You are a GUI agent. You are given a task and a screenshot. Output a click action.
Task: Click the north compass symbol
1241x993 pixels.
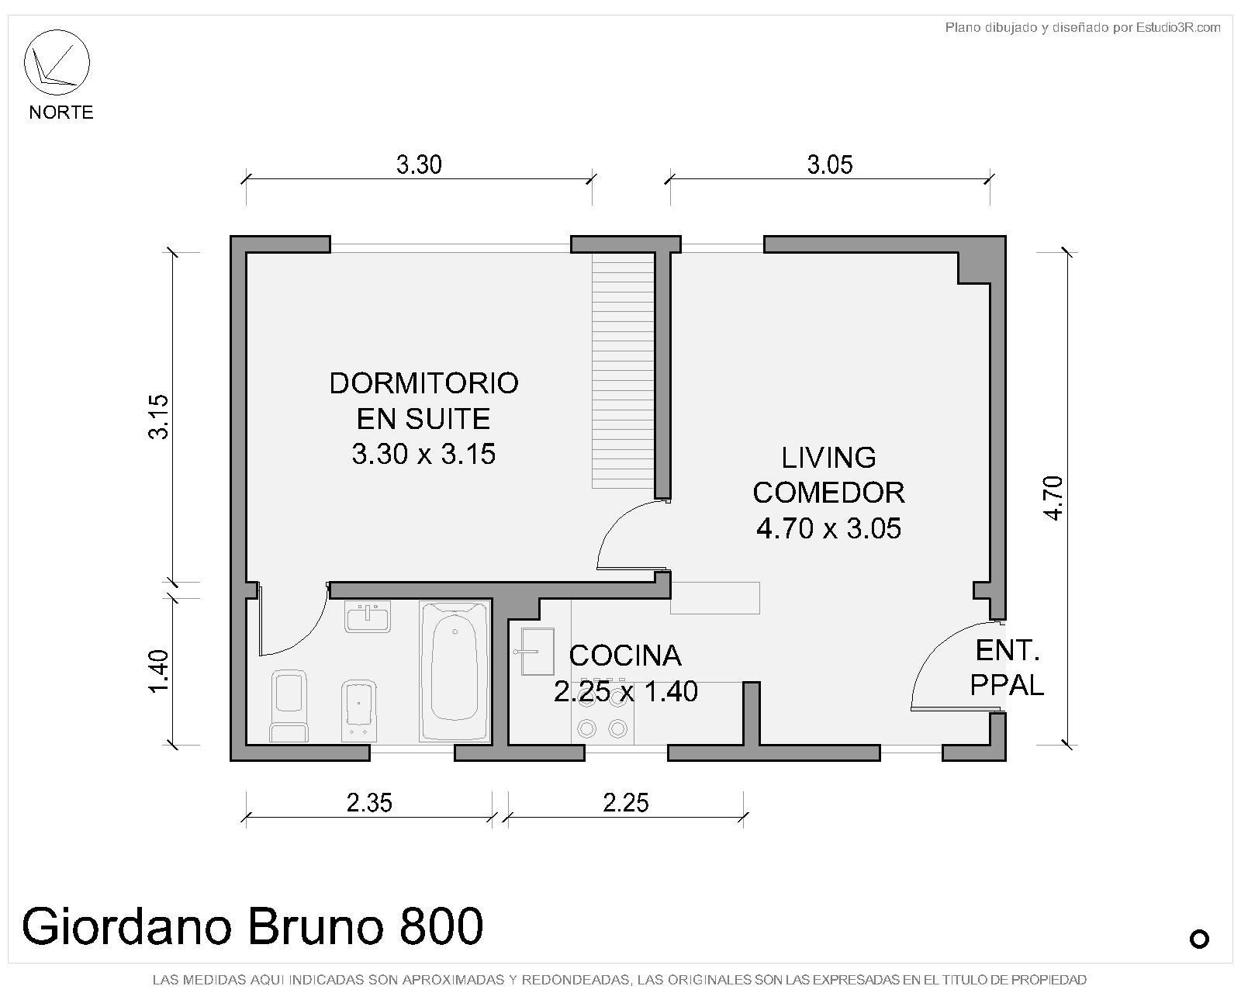pyautogui.click(x=57, y=62)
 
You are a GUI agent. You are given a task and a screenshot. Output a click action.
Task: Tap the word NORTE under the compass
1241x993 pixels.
pyautogui.click(x=61, y=112)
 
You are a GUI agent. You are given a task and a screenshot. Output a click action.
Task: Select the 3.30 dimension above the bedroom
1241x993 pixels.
pyautogui.click(x=419, y=165)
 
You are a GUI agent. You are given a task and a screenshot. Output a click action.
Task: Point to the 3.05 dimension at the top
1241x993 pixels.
pyautogui.click(x=829, y=165)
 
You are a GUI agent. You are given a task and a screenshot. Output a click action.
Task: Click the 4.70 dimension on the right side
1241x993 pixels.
pyautogui.click(x=1053, y=498)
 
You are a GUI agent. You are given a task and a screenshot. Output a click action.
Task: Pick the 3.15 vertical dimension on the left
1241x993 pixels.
pyautogui.click(x=158, y=417)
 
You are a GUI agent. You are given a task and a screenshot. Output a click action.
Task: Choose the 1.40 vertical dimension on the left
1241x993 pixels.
pyautogui.click(x=158, y=671)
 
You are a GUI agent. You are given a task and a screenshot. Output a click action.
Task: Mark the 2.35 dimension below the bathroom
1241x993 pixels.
pyautogui.click(x=369, y=803)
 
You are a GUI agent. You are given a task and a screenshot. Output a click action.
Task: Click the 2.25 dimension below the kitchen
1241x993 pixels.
pyautogui.click(x=626, y=803)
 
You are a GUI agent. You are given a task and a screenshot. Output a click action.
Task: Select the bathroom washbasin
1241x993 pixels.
pyautogui.click(x=368, y=616)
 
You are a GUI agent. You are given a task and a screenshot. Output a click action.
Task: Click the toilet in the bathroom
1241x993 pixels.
pyautogui.click(x=289, y=705)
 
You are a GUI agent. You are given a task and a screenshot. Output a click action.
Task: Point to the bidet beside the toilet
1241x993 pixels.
pyautogui.click(x=358, y=711)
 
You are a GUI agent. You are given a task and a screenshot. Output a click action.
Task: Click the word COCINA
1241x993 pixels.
pyautogui.click(x=625, y=656)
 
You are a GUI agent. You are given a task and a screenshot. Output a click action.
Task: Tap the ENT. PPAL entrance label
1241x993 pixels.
pyautogui.click(x=1007, y=668)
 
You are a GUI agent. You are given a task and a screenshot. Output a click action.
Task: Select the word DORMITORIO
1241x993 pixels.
pyautogui.click(x=423, y=384)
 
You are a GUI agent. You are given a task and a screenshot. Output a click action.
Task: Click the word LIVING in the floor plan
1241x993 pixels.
pyautogui.click(x=828, y=458)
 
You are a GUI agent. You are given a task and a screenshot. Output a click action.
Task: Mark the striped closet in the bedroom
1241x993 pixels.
pyautogui.click(x=623, y=370)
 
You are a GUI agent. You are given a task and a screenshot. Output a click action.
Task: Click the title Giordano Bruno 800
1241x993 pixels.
pyautogui.click(x=252, y=926)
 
